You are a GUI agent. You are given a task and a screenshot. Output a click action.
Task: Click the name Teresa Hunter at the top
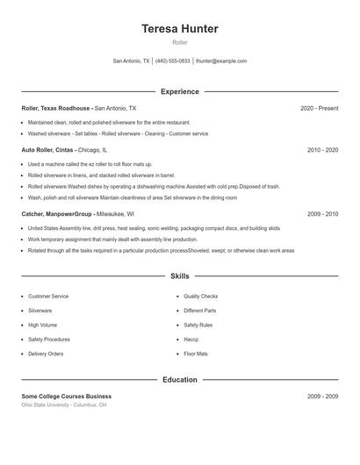(x=180, y=29)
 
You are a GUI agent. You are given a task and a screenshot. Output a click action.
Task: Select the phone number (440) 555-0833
(x=173, y=61)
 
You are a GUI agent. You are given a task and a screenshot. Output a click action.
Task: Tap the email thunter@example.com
(x=221, y=61)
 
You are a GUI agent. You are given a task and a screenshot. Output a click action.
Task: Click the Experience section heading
(x=180, y=91)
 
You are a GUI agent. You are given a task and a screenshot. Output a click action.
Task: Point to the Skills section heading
(x=180, y=275)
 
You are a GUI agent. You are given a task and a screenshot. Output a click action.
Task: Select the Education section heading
(x=180, y=380)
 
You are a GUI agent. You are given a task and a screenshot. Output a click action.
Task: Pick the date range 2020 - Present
(x=319, y=108)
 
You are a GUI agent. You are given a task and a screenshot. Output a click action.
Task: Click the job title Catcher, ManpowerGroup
(x=57, y=213)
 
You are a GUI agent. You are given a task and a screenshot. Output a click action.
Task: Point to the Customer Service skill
(x=47, y=297)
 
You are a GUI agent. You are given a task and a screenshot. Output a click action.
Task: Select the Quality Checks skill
(x=201, y=297)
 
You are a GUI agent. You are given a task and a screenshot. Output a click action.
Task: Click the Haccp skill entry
(x=191, y=339)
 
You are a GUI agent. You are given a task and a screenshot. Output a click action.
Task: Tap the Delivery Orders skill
(x=46, y=354)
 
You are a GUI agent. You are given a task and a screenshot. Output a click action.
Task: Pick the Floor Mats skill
(x=196, y=354)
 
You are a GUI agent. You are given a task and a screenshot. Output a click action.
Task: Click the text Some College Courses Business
(x=67, y=397)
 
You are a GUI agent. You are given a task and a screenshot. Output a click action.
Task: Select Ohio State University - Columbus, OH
(x=64, y=405)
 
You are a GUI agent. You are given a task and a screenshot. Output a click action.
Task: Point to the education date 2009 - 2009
(x=322, y=397)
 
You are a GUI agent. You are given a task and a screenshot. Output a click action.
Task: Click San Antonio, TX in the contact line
(x=132, y=61)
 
